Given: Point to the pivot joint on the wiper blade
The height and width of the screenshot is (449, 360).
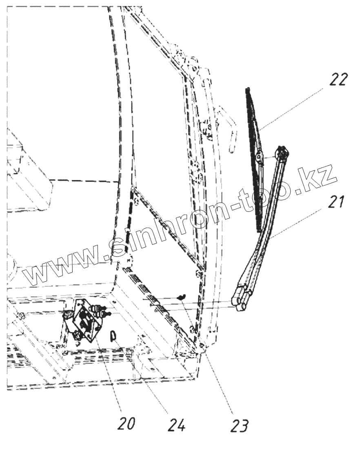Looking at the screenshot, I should click(260, 157).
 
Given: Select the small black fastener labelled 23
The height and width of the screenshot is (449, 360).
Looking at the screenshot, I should click(182, 297).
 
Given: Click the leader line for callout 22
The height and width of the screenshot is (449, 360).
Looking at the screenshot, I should click(294, 108).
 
